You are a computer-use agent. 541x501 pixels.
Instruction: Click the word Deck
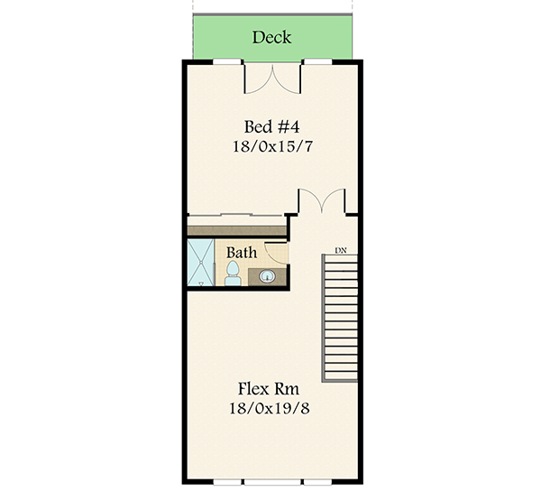point(271,37)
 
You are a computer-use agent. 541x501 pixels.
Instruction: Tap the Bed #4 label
point(271,125)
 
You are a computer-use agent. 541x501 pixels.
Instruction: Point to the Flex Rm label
point(269,389)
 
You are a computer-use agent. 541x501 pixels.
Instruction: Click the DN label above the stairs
point(341,249)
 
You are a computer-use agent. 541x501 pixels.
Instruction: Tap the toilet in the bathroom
point(232,271)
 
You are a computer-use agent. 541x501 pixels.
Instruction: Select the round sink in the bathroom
point(268,277)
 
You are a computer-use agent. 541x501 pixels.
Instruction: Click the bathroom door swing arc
point(278,254)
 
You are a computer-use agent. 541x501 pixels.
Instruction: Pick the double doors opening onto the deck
point(273,79)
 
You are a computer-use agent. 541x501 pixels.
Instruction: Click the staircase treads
point(340,316)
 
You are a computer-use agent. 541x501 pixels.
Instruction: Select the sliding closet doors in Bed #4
point(236,216)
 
